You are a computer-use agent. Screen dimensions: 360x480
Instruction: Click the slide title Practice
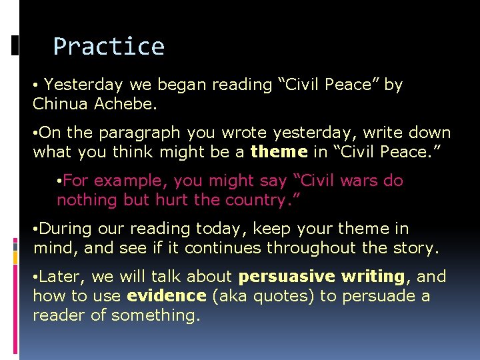point(109,47)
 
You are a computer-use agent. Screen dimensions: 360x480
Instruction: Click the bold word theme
point(279,152)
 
